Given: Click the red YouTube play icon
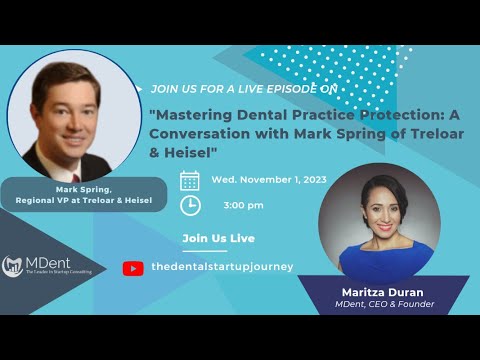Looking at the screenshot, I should (132, 268).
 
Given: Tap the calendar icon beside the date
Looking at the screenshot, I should (189, 181).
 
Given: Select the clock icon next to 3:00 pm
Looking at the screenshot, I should (189, 205).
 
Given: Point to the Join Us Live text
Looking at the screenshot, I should (218, 238).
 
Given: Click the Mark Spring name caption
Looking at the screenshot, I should (82, 188).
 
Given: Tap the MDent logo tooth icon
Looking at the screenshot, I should (13, 264).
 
